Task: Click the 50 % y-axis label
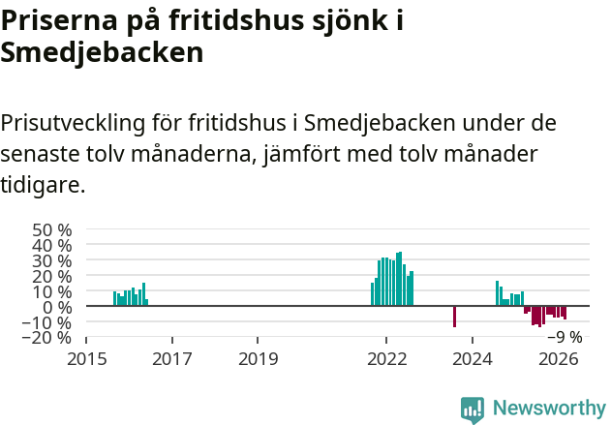[52, 230]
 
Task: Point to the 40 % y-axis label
[52, 246]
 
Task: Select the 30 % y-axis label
[52, 261]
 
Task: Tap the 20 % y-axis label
[52, 277]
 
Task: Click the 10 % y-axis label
[52, 292]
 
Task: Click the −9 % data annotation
[565, 338]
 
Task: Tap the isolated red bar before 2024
[454, 317]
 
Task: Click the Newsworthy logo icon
[473, 410]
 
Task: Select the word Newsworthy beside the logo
[549, 409]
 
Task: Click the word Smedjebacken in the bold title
[102, 52]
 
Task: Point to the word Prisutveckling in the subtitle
[73, 124]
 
